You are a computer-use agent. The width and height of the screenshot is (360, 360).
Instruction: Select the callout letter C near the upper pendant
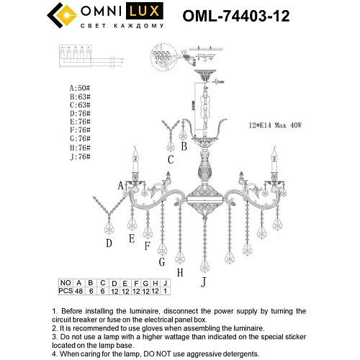[171, 159]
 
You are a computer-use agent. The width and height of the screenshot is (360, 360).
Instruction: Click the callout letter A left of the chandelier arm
[122, 185]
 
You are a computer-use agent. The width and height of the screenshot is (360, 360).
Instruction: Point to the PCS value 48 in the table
[79, 292]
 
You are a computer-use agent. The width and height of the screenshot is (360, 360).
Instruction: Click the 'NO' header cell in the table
[66, 284]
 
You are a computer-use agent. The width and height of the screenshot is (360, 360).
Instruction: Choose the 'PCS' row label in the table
[66, 292]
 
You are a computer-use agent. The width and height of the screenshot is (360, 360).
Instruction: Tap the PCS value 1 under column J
[165, 292]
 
